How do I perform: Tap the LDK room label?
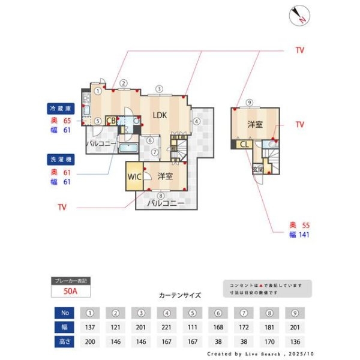coord(159,115)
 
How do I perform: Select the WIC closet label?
coord(133,177)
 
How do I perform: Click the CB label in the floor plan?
coord(111,121)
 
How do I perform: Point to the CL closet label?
coord(244,144)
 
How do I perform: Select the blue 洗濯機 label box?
coord(60,160)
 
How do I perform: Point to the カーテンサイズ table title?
coord(179,295)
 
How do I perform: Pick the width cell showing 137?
coord(89,328)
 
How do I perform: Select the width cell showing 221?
coord(167,328)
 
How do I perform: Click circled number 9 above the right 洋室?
coord(249,102)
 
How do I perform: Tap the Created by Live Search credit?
coord(260,355)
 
